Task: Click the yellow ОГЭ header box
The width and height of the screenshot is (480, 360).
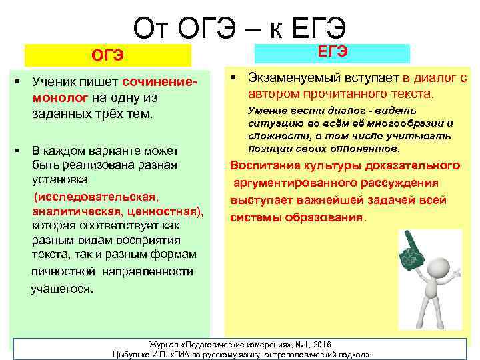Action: (x=107, y=55)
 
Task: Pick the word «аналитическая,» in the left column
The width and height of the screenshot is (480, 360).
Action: (x=75, y=211)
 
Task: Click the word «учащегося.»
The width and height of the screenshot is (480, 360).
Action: (x=63, y=289)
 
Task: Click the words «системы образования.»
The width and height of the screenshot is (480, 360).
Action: (x=298, y=217)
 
